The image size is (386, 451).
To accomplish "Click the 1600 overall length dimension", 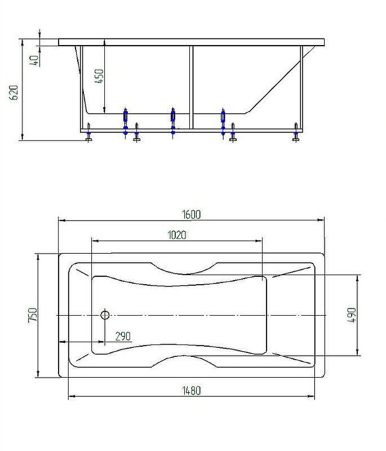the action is click(x=192, y=215).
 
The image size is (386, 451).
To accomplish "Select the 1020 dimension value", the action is click(x=177, y=235).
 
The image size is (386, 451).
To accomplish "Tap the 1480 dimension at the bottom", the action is click(x=192, y=390).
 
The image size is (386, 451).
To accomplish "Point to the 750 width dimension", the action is click(x=33, y=315).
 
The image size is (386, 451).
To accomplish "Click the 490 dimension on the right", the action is click(x=352, y=315).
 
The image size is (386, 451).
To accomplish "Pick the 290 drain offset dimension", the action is click(x=123, y=336).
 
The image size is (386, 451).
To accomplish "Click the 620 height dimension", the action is click(x=14, y=92).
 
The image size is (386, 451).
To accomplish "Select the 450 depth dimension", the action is click(x=99, y=76).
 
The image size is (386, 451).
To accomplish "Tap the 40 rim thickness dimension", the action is click(x=34, y=61).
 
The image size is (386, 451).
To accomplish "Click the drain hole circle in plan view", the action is click(x=105, y=315).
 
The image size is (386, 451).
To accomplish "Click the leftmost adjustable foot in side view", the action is click(x=89, y=132).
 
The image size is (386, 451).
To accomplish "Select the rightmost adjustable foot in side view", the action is click(x=296, y=132).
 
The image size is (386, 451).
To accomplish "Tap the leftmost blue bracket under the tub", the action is click(x=125, y=121).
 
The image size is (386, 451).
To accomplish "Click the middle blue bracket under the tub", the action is click(x=173, y=121).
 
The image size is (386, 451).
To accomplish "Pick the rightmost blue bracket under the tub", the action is click(x=223, y=121).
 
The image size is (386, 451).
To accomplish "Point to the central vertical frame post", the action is click(x=192, y=87).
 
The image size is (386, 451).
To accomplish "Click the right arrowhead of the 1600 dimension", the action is click(x=321, y=220).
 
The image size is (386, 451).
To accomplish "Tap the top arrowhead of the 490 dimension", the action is click(x=357, y=278).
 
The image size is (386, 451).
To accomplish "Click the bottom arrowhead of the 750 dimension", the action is click(x=38, y=374).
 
